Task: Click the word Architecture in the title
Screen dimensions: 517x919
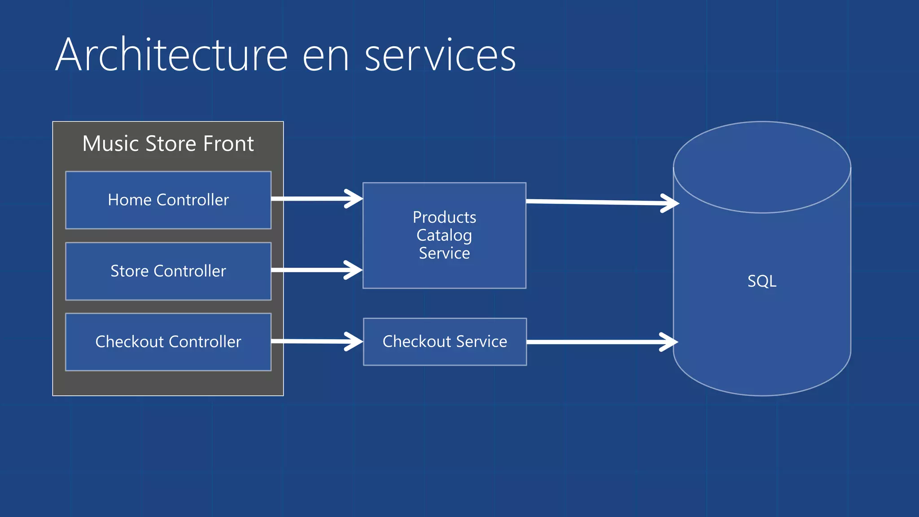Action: (x=171, y=56)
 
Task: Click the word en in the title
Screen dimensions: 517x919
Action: (x=325, y=58)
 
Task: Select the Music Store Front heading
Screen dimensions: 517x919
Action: (x=168, y=144)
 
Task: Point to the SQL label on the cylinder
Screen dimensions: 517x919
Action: (x=761, y=281)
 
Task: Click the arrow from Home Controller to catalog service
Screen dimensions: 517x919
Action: (x=316, y=198)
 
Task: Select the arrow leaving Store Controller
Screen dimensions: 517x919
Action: (x=316, y=270)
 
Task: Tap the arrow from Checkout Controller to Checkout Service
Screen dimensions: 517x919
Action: (x=316, y=342)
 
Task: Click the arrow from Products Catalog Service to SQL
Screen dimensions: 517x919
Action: (x=601, y=202)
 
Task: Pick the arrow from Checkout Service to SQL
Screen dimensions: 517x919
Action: (x=601, y=342)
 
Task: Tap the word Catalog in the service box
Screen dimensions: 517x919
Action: (x=444, y=235)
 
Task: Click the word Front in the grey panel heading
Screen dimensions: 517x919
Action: (x=228, y=144)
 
